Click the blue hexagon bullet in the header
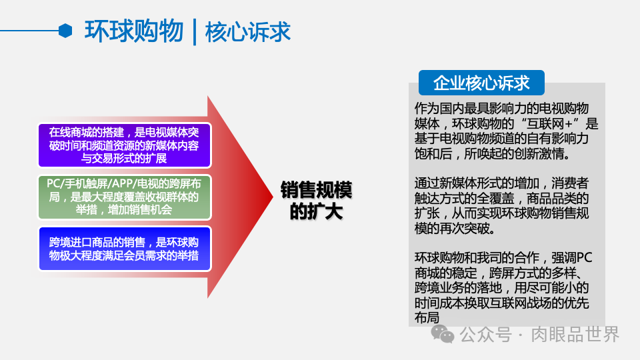point(65,31)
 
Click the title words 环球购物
point(133,31)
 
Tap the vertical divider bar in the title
point(194,32)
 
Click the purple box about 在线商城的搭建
point(124,145)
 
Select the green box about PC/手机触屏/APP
point(124,197)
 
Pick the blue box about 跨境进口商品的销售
point(124,249)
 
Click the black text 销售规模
point(316,191)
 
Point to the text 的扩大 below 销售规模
point(316,213)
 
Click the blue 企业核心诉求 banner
point(481,83)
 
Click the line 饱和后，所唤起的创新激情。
point(491,154)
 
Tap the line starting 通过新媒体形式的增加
point(501,183)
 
